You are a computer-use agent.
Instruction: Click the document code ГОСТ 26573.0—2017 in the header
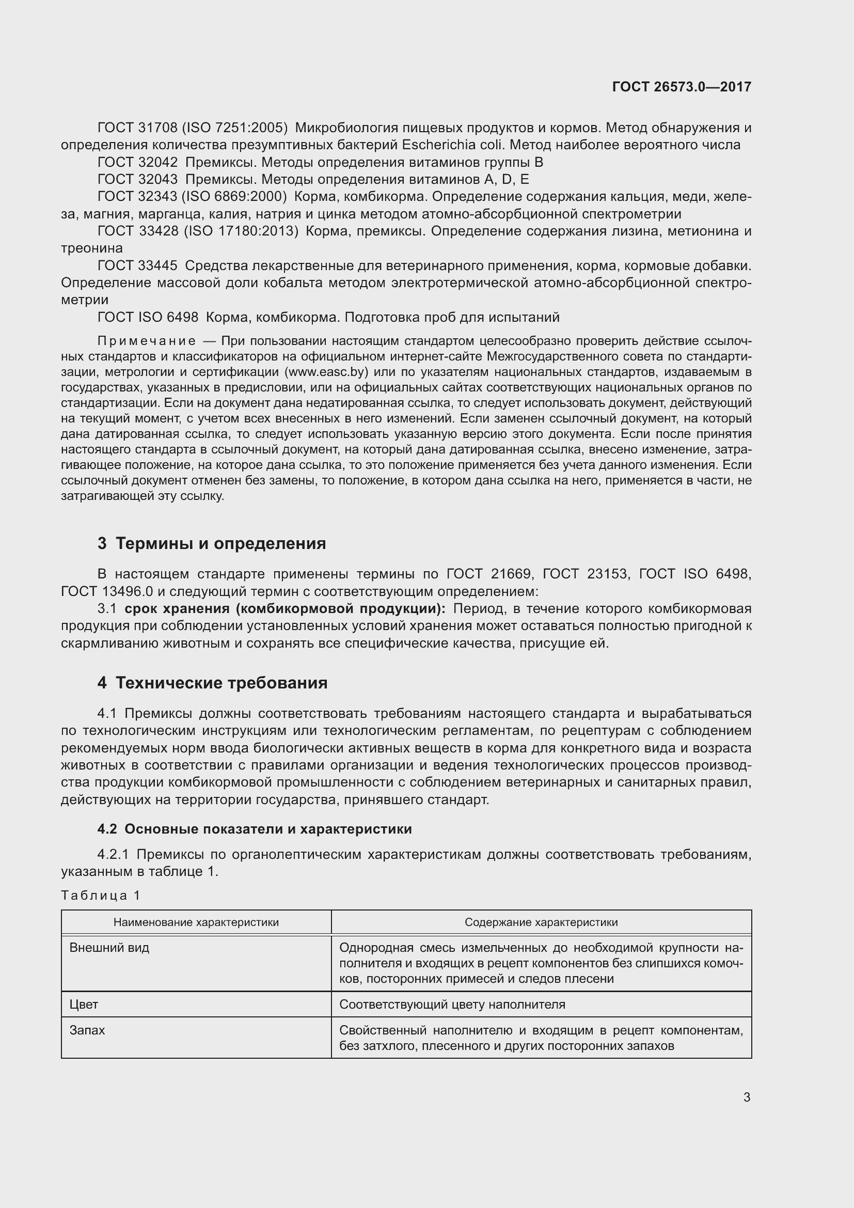(682, 87)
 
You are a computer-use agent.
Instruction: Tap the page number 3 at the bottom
(747, 1097)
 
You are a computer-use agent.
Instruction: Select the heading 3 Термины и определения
(211, 543)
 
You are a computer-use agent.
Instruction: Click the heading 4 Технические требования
(212, 683)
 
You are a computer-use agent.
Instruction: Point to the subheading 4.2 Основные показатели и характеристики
(255, 829)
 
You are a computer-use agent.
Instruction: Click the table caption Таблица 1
(101, 896)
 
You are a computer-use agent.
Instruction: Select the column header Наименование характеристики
(196, 922)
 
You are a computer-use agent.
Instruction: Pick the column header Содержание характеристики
(541, 922)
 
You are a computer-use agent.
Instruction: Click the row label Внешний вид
(109, 948)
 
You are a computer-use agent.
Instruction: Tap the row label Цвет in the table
(84, 1005)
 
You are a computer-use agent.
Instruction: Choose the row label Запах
(87, 1030)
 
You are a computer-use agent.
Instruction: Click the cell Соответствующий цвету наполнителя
(452, 1005)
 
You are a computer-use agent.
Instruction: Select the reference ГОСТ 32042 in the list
(138, 162)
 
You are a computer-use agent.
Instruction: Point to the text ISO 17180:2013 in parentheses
(241, 231)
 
